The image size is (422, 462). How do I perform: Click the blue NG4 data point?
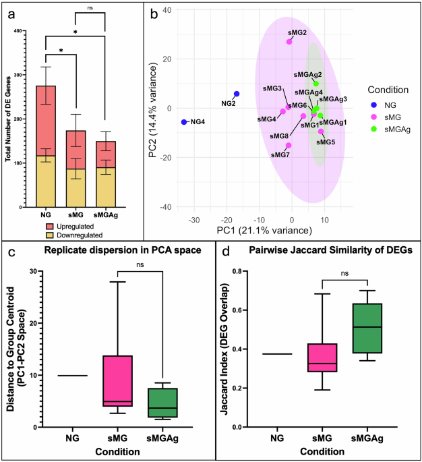click(x=184, y=122)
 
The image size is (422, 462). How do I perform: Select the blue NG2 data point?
click(x=237, y=94)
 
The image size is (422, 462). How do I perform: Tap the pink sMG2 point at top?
click(x=289, y=42)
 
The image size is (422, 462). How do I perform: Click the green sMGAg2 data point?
click(x=316, y=84)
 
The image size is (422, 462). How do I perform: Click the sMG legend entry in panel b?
click(x=382, y=117)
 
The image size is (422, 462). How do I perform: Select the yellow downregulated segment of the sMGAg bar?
click(x=105, y=185)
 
